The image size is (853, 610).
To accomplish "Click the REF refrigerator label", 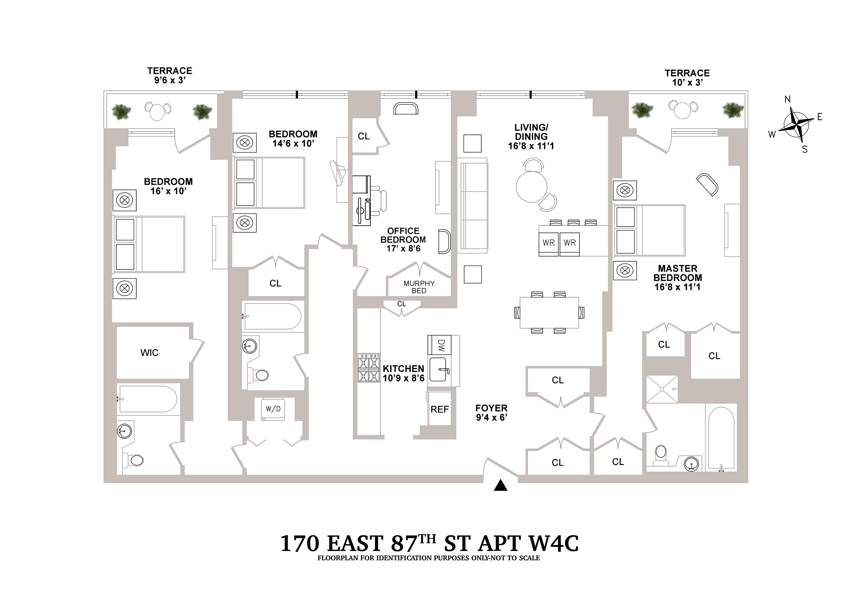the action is pyautogui.click(x=439, y=409).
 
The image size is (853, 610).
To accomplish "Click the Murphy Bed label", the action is pyautogui.click(x=419, y=287).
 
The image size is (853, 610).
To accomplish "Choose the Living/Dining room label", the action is pyautogui.click(x=531, y=137).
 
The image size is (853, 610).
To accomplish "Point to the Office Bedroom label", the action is pyautogui.click(x=403, y=240).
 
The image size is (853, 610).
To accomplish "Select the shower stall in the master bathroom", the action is pyautogui.click(x=662, y=389).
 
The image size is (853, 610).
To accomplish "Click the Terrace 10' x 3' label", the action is pyautogui.click(x=687, y=78).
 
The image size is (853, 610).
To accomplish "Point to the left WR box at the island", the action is pyautogui.click(x=549, y=243).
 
